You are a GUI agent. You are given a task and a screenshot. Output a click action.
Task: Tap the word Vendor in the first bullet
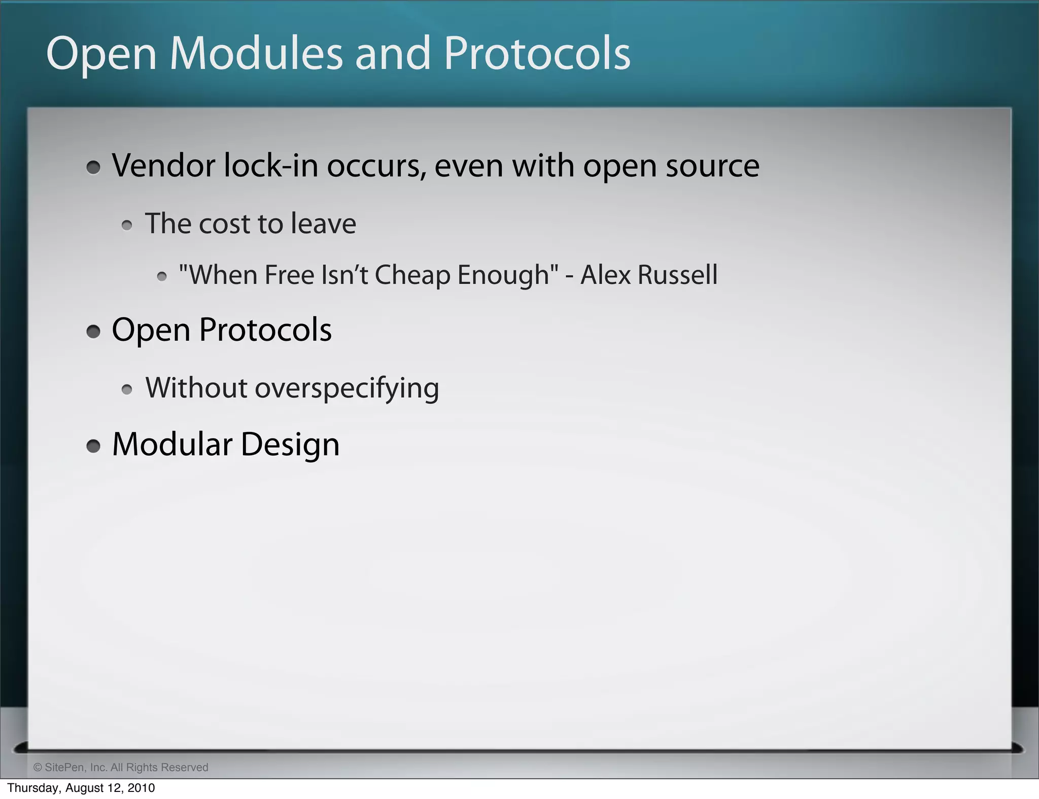click(163, 166)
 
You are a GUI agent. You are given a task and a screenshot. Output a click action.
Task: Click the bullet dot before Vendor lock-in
click(93, 167)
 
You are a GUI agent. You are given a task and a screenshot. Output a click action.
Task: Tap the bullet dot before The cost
click(127, 226)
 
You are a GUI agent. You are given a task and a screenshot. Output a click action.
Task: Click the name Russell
click(677, 275)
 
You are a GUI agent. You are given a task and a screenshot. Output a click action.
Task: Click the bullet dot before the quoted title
click(162, 277)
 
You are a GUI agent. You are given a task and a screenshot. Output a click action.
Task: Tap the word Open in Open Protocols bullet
click(151, 331)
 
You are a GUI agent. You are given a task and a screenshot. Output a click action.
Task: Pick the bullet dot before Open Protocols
click(93, 332)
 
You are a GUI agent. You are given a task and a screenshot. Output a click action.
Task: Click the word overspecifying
click(347, 389)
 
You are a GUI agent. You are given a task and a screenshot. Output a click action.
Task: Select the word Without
click(196, 388)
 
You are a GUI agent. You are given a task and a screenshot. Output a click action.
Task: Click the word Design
click(290, 445)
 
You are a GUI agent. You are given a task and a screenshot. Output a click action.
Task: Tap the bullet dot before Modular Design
click(93, 446)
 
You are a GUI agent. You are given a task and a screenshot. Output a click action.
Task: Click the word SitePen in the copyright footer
click(65, 767)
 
